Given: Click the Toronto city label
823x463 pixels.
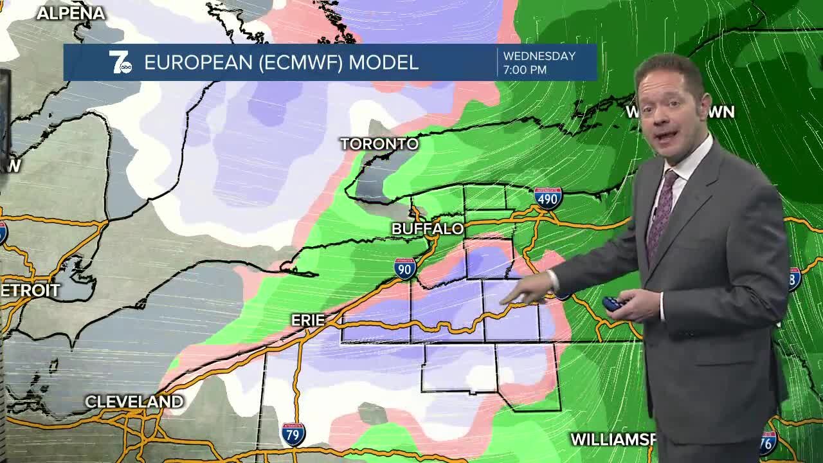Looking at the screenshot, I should [x=379, y=143].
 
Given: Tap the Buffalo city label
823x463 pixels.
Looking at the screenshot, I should [x=428, y=228].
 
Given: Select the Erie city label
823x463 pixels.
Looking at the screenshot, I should [x=308, y=320].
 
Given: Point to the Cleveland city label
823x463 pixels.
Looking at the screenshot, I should [x=134, y=402].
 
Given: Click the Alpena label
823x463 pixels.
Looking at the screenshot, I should [x=71, y=13].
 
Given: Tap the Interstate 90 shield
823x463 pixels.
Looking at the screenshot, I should [x=405, y=268].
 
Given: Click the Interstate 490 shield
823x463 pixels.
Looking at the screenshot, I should [x=547, y=198].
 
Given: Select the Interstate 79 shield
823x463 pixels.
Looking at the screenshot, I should [x=293, y=434].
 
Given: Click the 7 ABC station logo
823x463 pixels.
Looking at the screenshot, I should [x=120, y=62].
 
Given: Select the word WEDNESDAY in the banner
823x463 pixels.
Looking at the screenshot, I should [x=539, y=56].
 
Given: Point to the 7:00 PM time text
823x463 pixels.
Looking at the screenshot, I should [x=525, y=69].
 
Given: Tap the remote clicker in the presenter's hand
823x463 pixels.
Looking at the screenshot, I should [x=612, y=304].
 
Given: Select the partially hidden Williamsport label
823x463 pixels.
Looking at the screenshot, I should [x=613, y=439].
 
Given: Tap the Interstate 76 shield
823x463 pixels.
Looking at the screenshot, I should [x=768, y=442].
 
